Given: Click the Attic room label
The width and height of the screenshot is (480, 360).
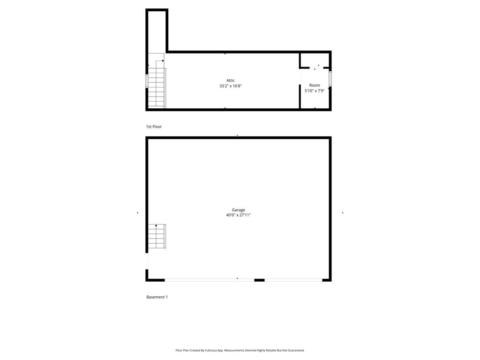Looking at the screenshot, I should click(x=230, y=81).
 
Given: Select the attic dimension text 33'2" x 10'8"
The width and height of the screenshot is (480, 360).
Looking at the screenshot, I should click(x=230, y=86).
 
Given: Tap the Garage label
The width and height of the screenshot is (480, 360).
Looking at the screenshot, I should click(x=238, y=210).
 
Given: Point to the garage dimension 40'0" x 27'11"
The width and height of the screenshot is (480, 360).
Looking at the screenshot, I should click(x=238, y=215).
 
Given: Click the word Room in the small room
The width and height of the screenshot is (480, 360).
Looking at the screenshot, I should click(x=315, y=85).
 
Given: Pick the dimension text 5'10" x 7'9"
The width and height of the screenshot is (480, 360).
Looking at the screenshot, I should click(x=315, y=91).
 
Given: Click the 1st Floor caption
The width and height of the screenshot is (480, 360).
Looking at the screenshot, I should click(x=154, y=127).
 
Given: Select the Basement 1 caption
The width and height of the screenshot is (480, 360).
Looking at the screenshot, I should click(x=157, y=297).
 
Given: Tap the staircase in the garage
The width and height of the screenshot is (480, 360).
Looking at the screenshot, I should click(x=157, y=237).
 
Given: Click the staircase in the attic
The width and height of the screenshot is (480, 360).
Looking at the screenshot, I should click(x=157, y=88).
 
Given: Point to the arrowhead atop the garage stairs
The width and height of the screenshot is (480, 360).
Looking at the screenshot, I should click(x=156, y=226).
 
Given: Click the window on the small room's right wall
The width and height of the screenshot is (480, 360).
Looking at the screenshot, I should click(x=330, y=79).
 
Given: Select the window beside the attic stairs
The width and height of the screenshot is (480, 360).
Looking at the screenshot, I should click(x=147, y=81).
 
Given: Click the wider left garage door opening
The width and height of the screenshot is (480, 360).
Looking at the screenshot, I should click(x=209, y=280).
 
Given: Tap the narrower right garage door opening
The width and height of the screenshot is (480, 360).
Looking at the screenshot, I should click(x=293, y=280).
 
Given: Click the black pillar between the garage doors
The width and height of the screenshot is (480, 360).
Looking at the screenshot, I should click(x=259, y=280).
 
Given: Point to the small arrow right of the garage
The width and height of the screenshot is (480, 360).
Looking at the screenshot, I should click(x=343, y=213).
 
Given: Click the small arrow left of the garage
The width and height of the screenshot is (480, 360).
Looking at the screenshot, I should click(x=137, y=213).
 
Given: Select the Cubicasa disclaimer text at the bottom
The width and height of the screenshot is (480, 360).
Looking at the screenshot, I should click(x=240, y=350).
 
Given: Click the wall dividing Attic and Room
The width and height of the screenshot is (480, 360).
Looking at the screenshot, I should click(x=300, y=89).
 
